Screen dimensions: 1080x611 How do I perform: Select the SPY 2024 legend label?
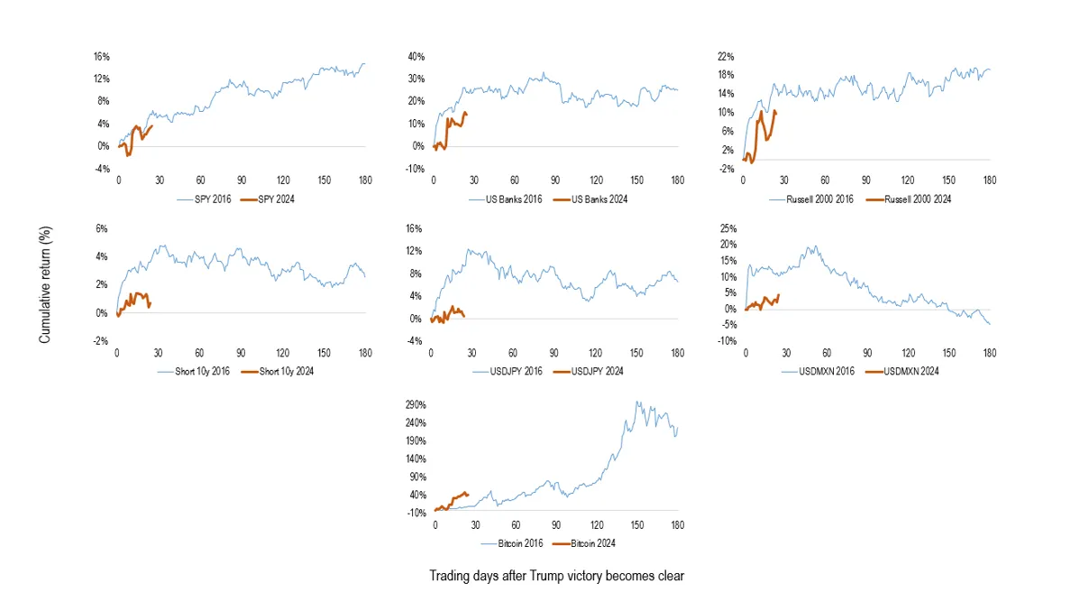tap(276, 199)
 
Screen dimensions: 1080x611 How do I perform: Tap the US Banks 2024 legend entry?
tap(590, 199)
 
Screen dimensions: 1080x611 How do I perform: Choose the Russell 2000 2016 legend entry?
tap(810, 199)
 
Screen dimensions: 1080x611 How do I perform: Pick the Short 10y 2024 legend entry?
tap(277, 371)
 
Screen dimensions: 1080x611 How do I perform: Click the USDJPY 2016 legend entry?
tap(508, 371)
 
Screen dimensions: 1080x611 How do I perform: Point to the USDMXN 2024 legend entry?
tap(902, 371)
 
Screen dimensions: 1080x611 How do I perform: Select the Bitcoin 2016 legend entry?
tap(512, 543)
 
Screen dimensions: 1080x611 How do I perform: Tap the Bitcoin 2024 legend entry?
tap(583, 543)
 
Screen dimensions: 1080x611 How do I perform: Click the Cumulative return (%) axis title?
tap(45, 285)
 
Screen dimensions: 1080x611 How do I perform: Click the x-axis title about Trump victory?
tap(556, 576)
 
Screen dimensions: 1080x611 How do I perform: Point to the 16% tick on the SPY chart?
tap(102, 57)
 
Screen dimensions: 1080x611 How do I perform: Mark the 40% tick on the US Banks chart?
tap(416, 57)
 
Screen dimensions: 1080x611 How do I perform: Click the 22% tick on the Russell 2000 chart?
tap(726, 57)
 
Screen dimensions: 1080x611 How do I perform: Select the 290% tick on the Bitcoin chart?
tap(416, 405)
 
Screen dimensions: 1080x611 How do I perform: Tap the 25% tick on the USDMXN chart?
tap(728, 228)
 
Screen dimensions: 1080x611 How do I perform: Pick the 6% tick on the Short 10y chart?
tap(101, 228)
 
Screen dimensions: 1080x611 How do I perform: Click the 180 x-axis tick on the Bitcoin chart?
tap(678, 524)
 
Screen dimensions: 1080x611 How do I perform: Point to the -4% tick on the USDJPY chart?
tap(415, 340)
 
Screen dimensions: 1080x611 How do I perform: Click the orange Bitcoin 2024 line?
tap(453, 502)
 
